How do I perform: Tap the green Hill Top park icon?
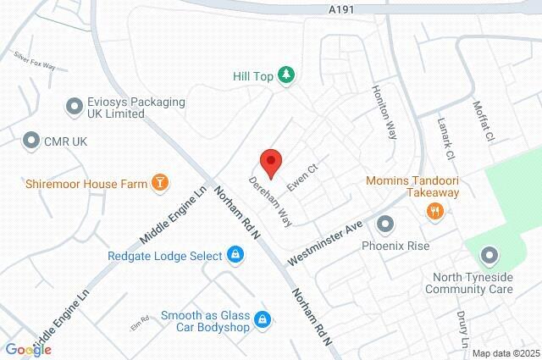[287, 75]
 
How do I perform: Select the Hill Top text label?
[252, 75]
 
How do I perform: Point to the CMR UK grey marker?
[32, 140]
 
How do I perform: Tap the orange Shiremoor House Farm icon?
[158, 182]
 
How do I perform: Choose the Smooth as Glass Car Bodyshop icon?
[263, 318]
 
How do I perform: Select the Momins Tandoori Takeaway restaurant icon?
[435, 211]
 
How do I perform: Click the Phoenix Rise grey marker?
[386, 224]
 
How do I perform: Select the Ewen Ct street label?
[301, 178]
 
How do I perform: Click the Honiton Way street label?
[384, 110]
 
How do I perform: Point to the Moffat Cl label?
[484, 123]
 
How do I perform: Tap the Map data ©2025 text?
[506, 353]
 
